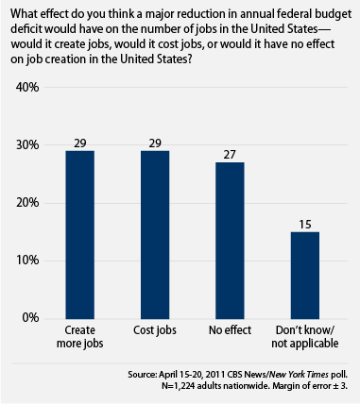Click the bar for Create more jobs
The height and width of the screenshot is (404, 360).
click(x=79, y=235)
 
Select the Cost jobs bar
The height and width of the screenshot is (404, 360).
click(x=155, y=235)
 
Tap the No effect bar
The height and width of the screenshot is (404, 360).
click(x=230, y=241)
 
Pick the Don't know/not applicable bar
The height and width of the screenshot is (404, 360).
click(x=305, y=276)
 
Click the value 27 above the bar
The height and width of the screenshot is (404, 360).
click(x=230, y=155)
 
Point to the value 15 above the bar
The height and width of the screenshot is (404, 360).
click(x=305, y=225)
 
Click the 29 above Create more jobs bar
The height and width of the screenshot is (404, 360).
click(x=80, y=143)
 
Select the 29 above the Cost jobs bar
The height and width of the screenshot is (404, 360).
click(x=155, y=143)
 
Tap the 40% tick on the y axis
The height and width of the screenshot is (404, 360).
click(x=27, y=87)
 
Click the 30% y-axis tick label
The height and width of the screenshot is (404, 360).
click(x=27, y=145)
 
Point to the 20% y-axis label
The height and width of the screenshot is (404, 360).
click(x=27, y=203)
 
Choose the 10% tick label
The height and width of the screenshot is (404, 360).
click(x=27, y=261)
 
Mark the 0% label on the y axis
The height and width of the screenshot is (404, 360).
click(x=30, y=318)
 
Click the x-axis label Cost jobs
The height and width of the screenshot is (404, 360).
click(x=155, y=330)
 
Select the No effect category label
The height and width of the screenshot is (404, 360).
click(x=230, y=330)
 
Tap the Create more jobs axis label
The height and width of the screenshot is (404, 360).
click(x=79, y=337)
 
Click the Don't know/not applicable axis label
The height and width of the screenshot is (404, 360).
click(x=305, y=337)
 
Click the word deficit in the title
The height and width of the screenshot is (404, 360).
click(x=26, y=28)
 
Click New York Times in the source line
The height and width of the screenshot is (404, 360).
click(x=300, y=375)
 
